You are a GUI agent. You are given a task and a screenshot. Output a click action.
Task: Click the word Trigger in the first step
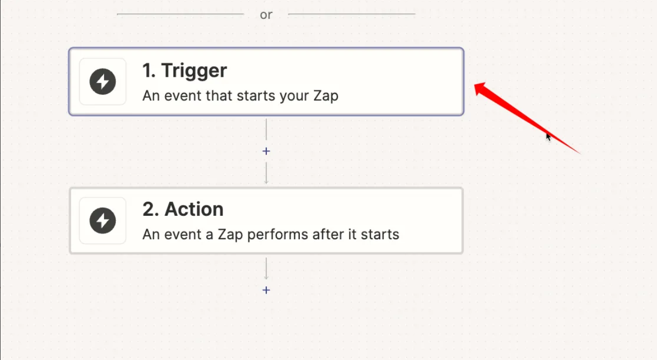(194, 71)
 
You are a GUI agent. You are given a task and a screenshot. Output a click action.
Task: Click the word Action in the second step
(194, 209)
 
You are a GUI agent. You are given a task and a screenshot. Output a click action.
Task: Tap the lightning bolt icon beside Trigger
(103, 82)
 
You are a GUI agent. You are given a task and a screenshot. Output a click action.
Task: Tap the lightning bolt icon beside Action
(103, 220)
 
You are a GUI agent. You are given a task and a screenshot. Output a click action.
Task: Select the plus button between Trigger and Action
(266, 151)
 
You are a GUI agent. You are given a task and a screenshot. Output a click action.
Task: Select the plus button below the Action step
(266, 290)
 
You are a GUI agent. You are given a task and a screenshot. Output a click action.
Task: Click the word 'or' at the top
(266, 15)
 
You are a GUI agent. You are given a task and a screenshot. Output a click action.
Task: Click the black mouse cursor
(548, 137)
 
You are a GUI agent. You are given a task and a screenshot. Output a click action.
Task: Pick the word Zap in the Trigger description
(326, 96)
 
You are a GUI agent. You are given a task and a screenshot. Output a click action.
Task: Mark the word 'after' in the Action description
(328, 234)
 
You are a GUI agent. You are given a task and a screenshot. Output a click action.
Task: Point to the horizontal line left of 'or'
(180, 14)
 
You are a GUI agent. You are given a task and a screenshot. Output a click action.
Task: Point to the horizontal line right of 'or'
(351, 14)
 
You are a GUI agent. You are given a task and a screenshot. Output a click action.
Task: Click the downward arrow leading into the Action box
(266, 173)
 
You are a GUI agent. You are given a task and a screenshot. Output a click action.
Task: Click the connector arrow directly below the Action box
(266, 269)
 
